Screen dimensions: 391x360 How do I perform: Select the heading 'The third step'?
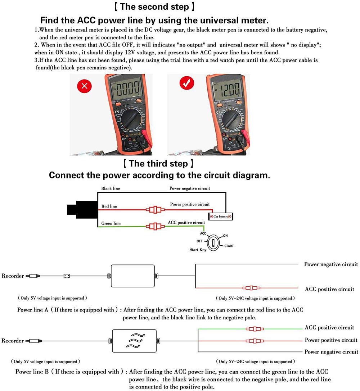[x=158, y=164]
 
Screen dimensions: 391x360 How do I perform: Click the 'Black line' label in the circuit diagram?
[x=111, y=188]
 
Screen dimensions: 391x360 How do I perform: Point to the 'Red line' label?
[x=109, y=206]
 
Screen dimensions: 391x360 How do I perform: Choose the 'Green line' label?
[x=111, y=223]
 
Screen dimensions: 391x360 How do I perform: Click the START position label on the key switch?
[x=229, y=246]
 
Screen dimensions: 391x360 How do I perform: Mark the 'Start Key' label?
[x=198, y=249]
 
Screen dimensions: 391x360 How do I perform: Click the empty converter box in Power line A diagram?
[x=133, y=276]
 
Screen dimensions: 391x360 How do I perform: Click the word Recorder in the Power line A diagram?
[x=13, y=276]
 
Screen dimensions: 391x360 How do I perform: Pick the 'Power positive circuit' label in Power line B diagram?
[x=331, y=340]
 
